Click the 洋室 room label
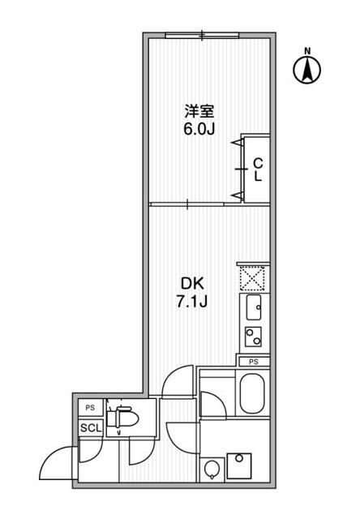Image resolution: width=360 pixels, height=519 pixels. [199, 111]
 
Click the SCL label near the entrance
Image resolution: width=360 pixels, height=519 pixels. [88, 428]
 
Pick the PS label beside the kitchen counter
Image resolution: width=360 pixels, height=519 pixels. [254, 361]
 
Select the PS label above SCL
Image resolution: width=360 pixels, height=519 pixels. [88, 409]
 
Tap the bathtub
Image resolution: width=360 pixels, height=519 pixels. [253, 395]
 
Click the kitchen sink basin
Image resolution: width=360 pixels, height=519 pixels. [252, 308]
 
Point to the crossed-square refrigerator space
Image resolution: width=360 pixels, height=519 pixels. [252, 277]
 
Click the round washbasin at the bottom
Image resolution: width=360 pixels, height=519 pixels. [212, 470]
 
